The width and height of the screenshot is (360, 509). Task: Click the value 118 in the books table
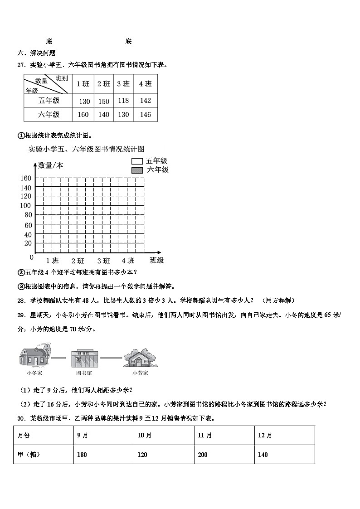[123, 101]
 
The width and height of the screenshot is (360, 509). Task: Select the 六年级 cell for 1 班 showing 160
[83, 115]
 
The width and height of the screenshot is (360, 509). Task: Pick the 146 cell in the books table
[145, 115]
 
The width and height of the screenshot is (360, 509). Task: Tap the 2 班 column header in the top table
[104, 84]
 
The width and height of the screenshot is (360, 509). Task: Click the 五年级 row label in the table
[49, 101]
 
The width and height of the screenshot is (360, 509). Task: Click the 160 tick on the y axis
[26, 178]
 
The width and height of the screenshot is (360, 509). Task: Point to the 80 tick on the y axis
[28, 215]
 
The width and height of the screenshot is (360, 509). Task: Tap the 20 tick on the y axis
[28, 243]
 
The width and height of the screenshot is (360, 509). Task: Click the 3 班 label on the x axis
[103, 261]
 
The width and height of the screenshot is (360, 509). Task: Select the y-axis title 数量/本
[51, 165]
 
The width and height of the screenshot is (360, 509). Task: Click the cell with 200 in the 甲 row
[203, 455]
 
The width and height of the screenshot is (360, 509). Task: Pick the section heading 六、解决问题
[36, 53]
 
